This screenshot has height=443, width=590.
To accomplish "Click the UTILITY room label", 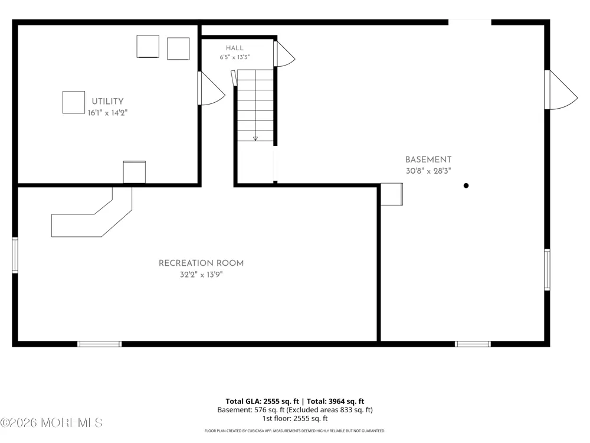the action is click(107, 102).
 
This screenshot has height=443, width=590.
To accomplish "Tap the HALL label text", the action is click(234, 48).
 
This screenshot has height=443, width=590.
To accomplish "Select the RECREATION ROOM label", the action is click(201, 263).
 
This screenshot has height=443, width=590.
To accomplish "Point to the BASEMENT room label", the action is click(428, 159).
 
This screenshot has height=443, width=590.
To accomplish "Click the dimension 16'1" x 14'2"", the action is click(107, 113).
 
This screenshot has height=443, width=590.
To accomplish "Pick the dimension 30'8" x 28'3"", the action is click(428, 171).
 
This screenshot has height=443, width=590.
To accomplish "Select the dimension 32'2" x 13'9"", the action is click(201, 275).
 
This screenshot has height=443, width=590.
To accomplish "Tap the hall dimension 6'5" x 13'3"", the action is click(234, 57).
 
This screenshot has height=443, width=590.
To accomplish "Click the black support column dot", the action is click(466, 185).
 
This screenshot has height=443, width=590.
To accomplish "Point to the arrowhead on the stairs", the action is click(255, 139).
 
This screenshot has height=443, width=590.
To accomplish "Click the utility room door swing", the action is click(211, 88).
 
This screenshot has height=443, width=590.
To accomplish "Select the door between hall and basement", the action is click(284, 54).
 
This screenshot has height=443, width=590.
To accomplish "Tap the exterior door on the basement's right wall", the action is click(560, 90).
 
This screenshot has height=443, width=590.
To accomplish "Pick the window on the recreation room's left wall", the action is click(15, 255).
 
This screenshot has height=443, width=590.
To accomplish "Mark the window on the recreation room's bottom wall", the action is click(99, 344).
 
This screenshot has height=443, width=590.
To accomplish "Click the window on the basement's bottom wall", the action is click(473, 344).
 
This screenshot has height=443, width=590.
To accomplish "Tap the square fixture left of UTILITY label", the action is click(74, 102).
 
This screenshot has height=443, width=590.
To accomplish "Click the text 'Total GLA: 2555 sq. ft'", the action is click(263, 401).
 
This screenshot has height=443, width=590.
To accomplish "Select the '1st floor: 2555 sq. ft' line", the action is click(295, 418).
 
